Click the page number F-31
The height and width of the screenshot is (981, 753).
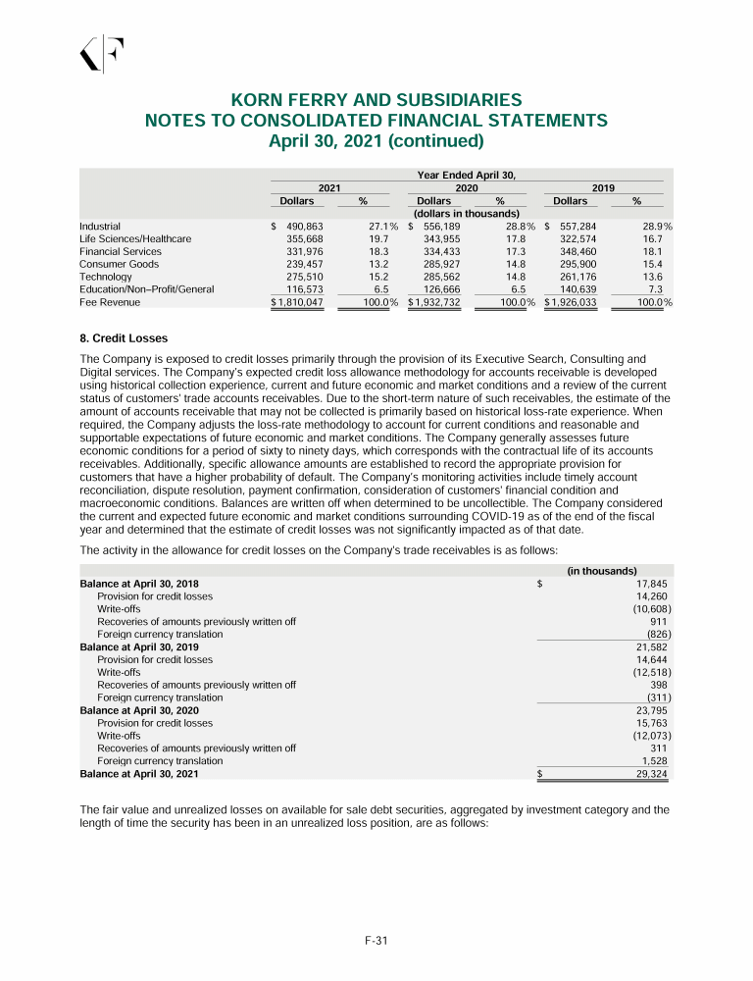click(x=376, y=941)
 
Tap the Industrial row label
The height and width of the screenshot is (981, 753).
click(x=99, y=226)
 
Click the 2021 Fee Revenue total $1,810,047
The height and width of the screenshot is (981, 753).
click(x=297, y=302)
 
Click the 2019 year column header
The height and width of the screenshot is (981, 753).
click(x=603, y=186)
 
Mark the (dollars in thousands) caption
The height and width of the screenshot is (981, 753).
click(x=466, y=213)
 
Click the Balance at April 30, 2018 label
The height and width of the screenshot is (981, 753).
click(x=139, y=584)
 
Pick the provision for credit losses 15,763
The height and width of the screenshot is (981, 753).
click(x=652, y=723)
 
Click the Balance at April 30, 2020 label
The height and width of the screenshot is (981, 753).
click(x=139, y=710)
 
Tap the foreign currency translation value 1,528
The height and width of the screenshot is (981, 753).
click(x=654, y=760)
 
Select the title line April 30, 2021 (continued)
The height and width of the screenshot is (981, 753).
click(x=376, y=140)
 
